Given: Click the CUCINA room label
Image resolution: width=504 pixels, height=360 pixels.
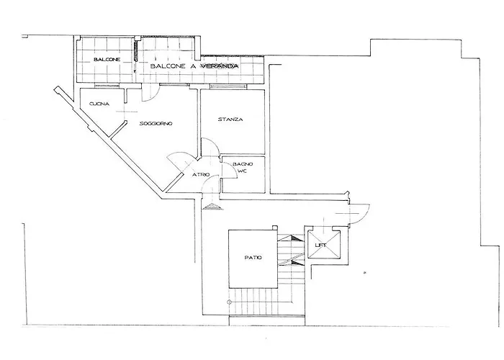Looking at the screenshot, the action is (99, 104).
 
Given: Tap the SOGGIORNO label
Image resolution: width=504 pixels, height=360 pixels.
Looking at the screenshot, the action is (156, 123).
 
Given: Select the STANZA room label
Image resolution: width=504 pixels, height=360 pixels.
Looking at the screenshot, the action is (230, 120).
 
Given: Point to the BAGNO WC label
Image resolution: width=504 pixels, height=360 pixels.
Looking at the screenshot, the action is (243, 167).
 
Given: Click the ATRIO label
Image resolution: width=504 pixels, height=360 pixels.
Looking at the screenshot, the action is (201, 175).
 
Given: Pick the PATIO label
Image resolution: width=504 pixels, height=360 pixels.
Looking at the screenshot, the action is (253, 258).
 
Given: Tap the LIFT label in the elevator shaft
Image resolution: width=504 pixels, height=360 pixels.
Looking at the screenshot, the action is (321, 246).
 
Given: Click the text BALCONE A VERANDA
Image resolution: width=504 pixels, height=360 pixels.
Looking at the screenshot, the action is (194, 66).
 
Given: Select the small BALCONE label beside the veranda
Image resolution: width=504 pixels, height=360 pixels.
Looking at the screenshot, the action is (107, 60).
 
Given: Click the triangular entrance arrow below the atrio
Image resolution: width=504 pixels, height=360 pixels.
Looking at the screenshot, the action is (213, 207).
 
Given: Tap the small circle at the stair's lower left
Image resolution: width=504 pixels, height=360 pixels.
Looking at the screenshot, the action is (229, 302).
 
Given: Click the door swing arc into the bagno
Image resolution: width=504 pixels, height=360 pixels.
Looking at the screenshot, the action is (234, 167).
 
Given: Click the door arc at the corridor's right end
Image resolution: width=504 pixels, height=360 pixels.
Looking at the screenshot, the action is (366, 217).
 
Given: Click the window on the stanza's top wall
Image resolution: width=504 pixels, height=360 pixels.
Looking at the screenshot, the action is (228, 86).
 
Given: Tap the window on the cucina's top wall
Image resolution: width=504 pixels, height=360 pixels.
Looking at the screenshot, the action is (107, 85).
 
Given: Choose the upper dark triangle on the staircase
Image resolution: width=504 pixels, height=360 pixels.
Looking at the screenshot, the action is (296, 238).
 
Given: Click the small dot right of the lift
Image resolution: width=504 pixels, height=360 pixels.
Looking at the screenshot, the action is (364, 273).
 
